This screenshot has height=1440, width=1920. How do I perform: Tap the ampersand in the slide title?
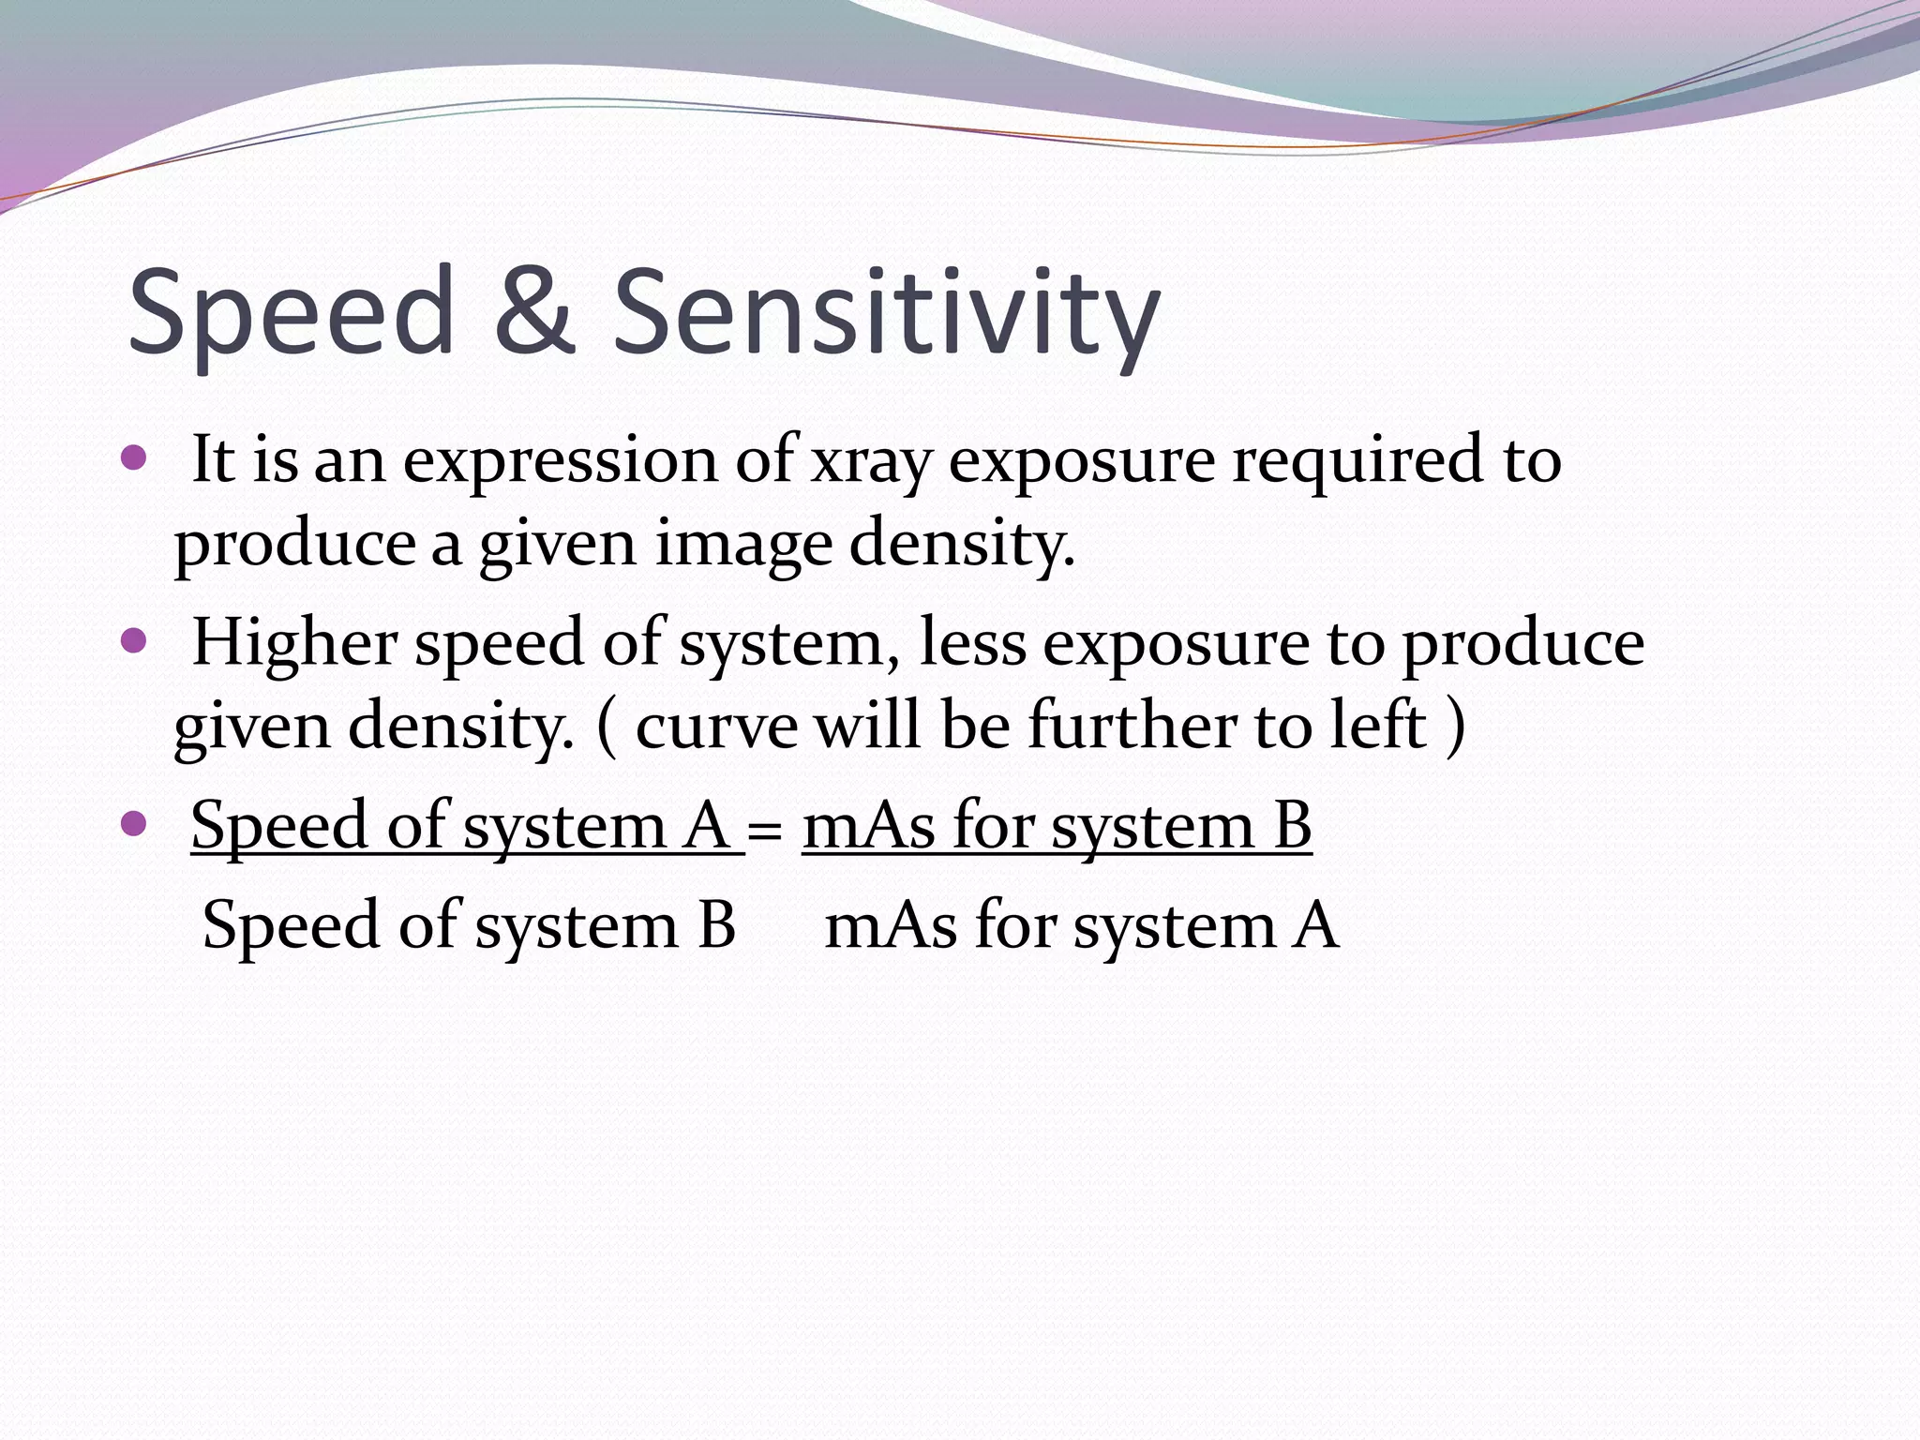(532, 311)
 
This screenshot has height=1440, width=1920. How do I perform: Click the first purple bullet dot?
(135, 458)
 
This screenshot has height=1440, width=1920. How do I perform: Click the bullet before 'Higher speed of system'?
(135, 641)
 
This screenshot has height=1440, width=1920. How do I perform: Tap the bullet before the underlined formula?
(135, 824)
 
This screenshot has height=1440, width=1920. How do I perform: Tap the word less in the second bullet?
(972, 643)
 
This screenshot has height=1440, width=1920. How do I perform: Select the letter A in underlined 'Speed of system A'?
(707, 826)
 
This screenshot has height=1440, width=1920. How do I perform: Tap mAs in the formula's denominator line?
(891, 926)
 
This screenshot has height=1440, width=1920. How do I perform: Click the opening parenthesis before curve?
(607, 727)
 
